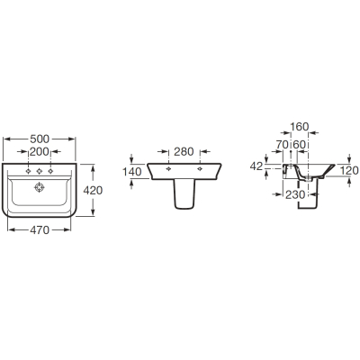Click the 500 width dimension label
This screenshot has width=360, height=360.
pyautogui.click(x=40, y=139)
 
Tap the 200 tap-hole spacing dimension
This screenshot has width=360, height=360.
pyautogui.click(x=40, y=152)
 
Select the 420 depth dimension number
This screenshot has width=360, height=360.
pyautogui.click(x=93, y=190)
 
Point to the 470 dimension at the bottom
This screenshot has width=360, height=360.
pyautogui.click(x=40, y=230)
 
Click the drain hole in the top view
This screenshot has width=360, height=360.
pyautogui.click(x=40, y=188)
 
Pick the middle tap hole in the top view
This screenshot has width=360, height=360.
pyautogui.click(x=40, y=171)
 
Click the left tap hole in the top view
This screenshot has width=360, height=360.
pyautogui.click(x=29, y=171)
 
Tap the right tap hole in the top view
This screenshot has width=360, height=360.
pyautogui.click(x=50, y=171)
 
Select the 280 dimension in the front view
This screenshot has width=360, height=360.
pyautogui.click(x=184, y=152)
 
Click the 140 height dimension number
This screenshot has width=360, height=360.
pyautogui.click(x=131, y=172)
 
